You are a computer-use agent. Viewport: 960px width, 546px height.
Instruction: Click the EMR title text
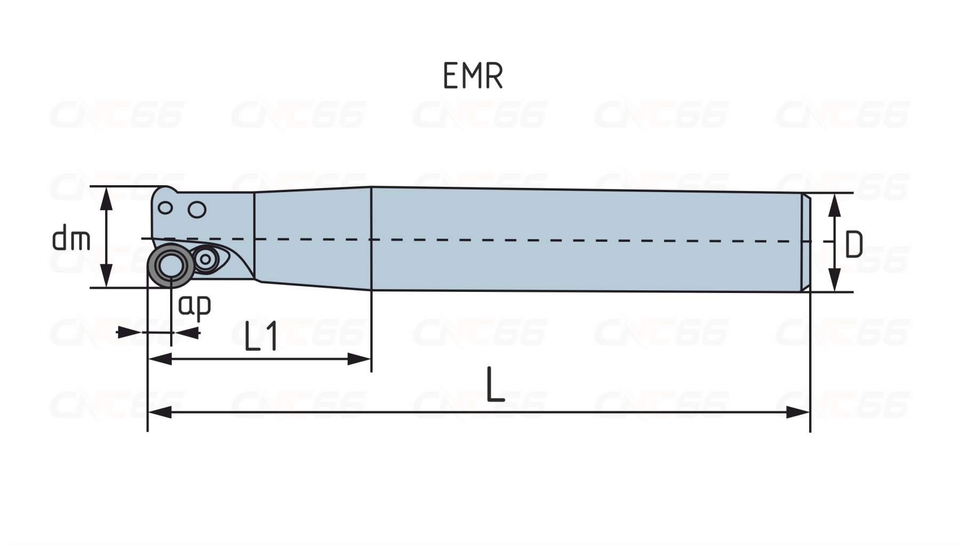473,76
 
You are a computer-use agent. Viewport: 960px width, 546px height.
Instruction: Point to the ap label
195,306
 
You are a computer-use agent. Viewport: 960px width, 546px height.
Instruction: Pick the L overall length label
495,384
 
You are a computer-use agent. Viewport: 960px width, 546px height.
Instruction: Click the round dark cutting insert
171,265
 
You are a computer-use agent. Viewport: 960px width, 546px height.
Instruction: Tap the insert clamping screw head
205,259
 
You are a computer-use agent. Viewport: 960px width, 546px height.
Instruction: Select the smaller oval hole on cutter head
165,208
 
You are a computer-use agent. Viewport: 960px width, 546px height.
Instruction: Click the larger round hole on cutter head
197,210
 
